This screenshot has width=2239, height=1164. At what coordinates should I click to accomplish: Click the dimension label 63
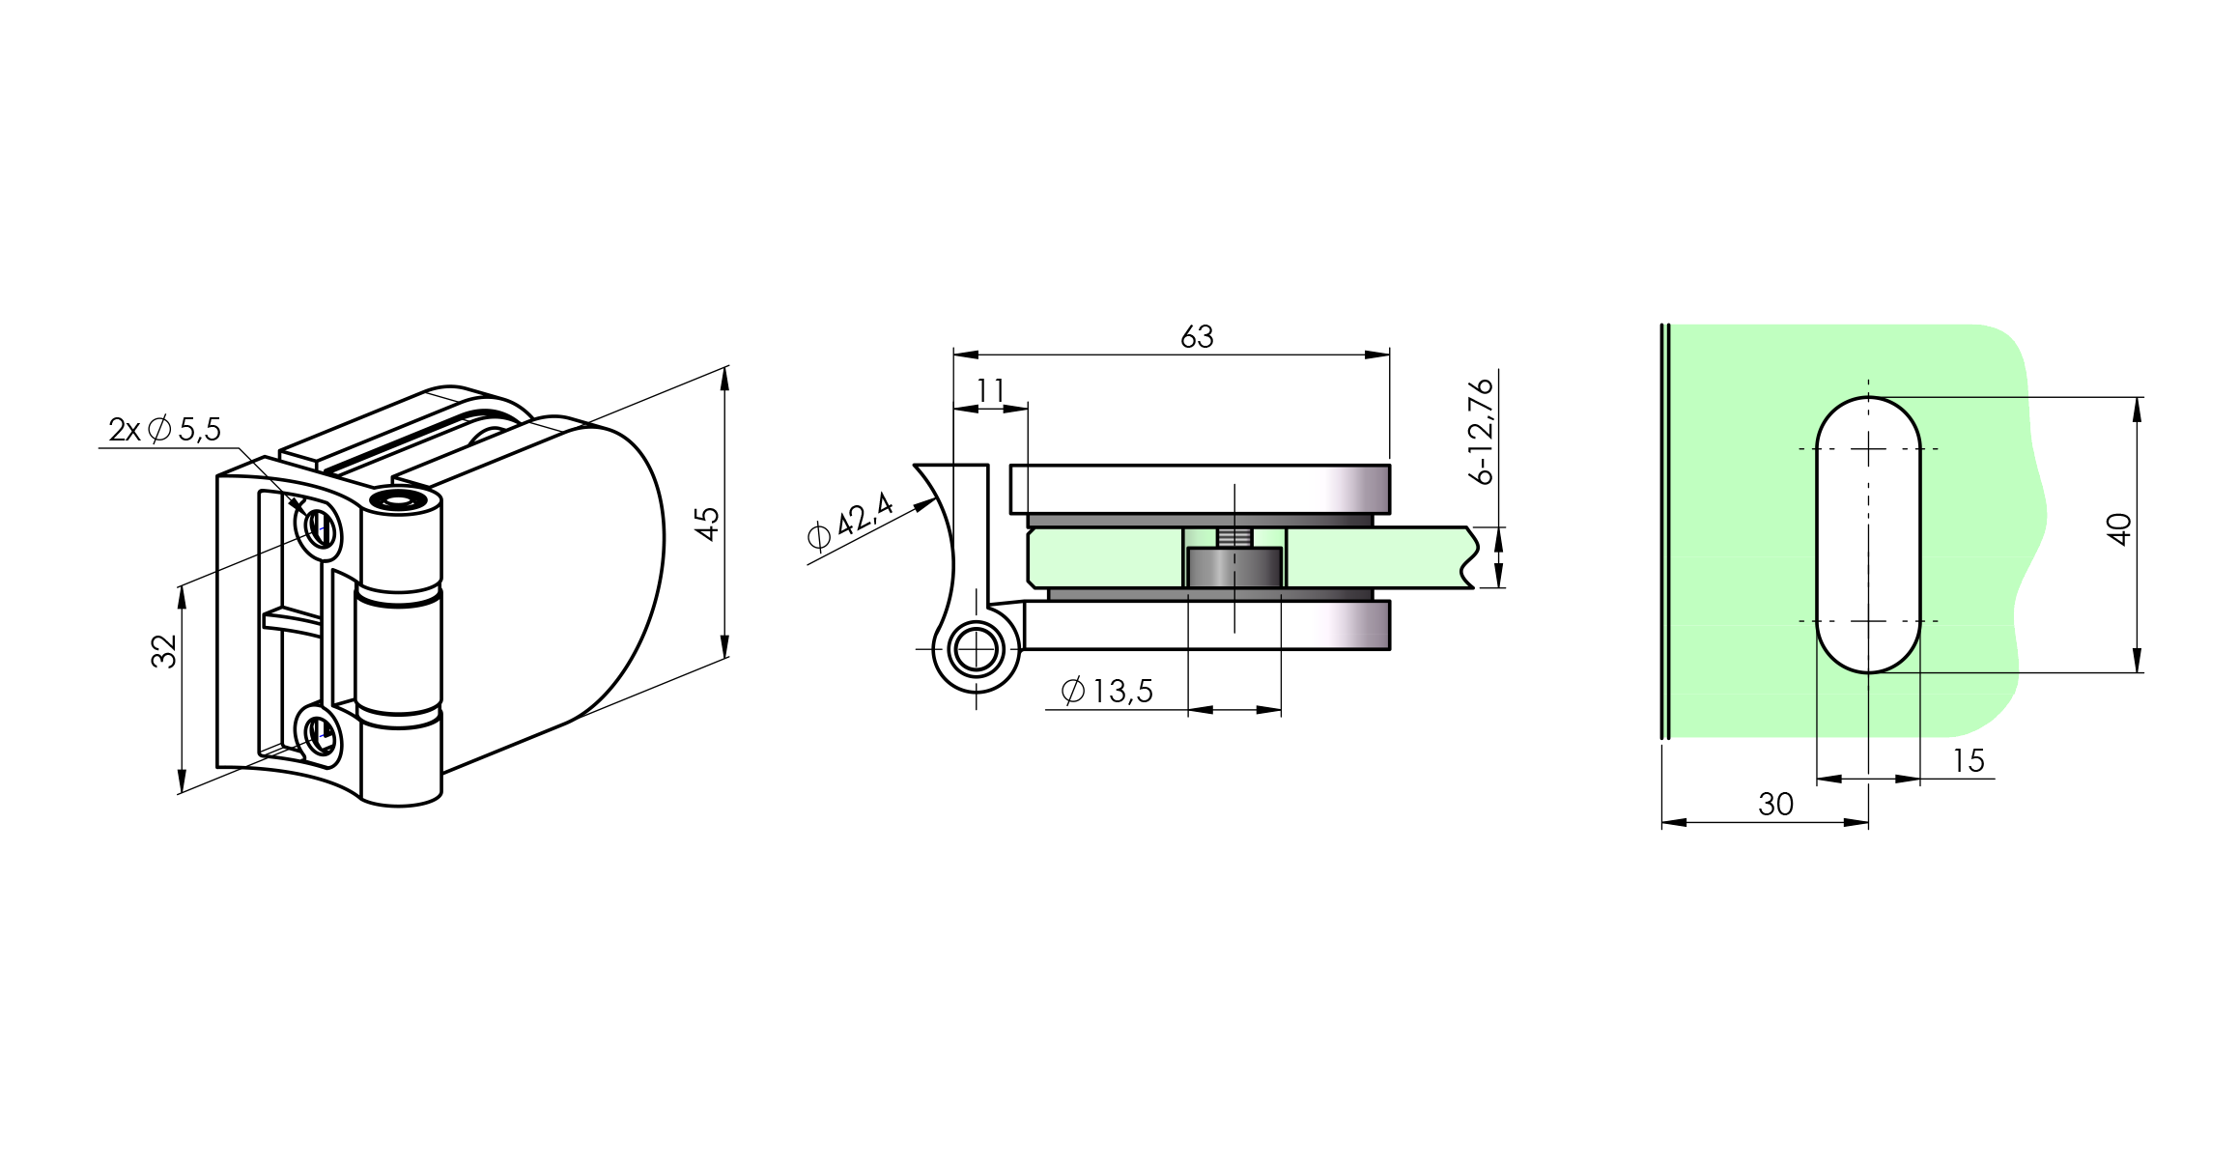point(1197,337)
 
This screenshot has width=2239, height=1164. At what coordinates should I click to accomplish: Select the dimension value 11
point(991,390)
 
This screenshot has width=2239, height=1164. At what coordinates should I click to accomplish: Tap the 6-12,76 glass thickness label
point(1480,431)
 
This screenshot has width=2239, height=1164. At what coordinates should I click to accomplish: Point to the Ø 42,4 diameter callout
point(850,522)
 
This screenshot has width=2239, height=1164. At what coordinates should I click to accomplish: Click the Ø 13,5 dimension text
point(1107,691)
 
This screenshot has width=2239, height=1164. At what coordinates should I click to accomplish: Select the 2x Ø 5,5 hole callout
point(165,429)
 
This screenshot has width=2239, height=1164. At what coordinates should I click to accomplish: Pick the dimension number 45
point(707,524)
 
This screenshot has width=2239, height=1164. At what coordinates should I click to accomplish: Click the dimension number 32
point(164,651)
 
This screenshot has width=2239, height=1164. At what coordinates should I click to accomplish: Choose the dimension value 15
point(1968,761)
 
